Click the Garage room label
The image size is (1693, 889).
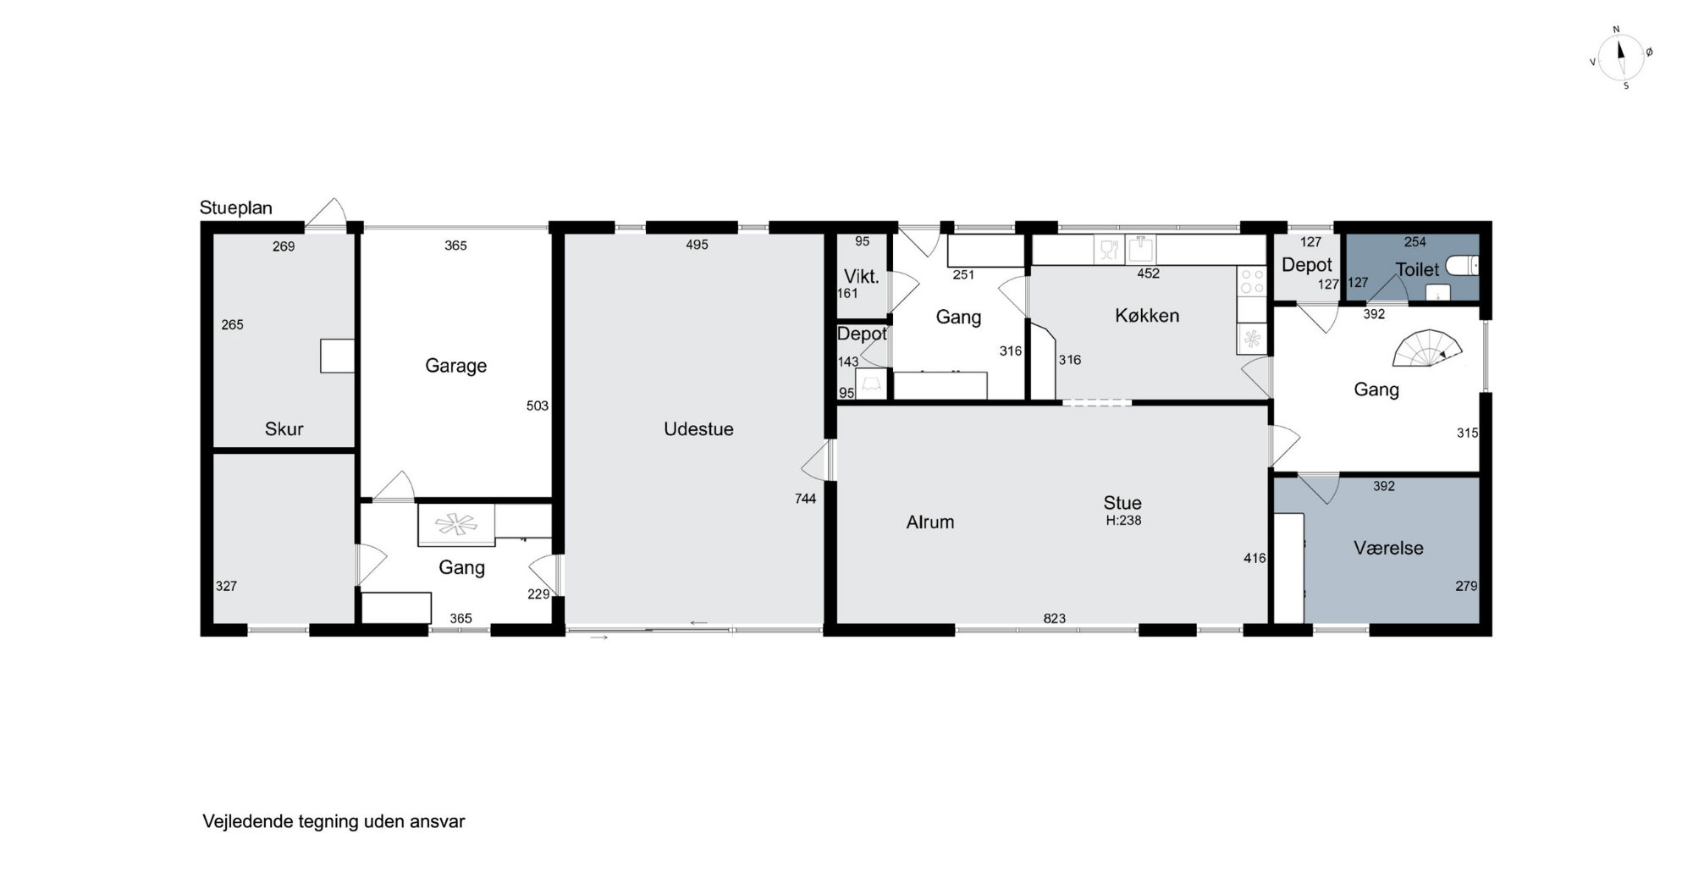coord(455,366)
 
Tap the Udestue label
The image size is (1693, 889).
coord(698,429)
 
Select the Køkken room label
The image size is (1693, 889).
coord(1147,316)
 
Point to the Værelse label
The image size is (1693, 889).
coord(1388,548)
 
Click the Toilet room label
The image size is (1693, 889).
coord(1417,269)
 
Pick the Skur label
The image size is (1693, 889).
coord(284,429)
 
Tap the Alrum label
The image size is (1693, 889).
coord(930,522)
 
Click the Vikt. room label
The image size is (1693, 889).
coord(861,277)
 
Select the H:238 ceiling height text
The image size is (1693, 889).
coord(1123,521)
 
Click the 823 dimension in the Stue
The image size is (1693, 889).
coord(1054,619)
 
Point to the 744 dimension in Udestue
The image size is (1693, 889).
coord(805,499)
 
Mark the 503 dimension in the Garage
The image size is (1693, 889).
coord(537,406)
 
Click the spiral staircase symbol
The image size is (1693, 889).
coord(1428,348)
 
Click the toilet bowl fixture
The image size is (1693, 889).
coord(1462,266)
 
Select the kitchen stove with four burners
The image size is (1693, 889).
coord(1250,282)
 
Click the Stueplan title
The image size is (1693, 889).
coord(235,208)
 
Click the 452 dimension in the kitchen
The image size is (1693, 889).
coord(1148,273)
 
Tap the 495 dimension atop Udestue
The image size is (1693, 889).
coord(697,245)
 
